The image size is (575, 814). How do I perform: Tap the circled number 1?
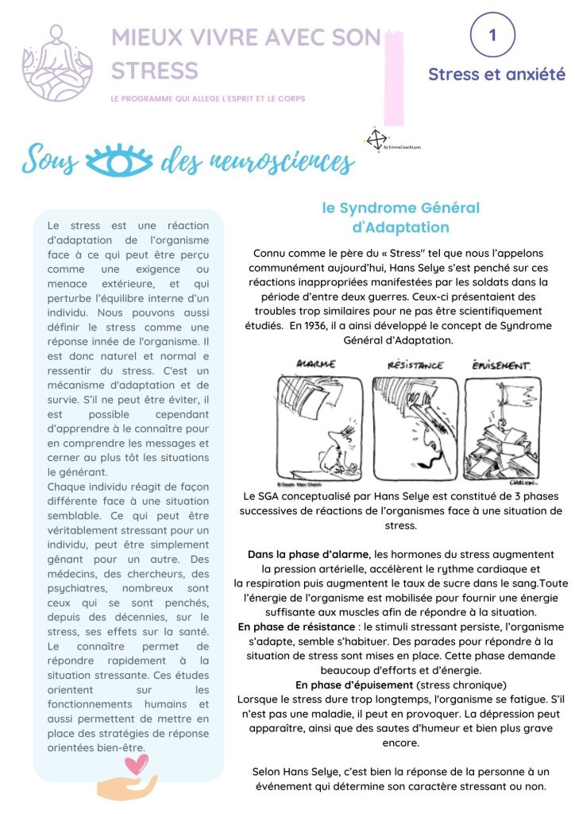click(x=492, y=35)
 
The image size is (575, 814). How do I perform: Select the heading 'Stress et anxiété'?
click(x=496, y=75)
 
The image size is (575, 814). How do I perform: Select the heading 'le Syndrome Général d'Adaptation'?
click(x=400, y=218)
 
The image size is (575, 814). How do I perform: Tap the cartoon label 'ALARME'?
click(x=315, y=365)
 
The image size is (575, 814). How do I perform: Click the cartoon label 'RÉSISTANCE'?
click(x=415, y=365)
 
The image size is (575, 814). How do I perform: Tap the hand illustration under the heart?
click(x=127, y=787)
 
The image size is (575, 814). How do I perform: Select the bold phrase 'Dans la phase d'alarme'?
click(x=308, y=553)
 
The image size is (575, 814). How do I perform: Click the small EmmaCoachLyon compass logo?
click(x=376, y=139)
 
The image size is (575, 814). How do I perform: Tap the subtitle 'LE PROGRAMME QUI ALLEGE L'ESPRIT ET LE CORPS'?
click(x=208, y=99)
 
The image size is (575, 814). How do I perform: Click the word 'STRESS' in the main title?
click(x=155, y=70)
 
